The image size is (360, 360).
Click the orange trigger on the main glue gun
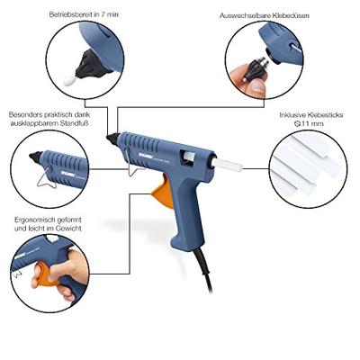tap(164, 192)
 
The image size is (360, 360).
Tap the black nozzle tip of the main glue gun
tap(112, 139)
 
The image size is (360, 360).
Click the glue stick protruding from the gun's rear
tap(228, 166)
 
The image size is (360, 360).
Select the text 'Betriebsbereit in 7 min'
tap(84, 14)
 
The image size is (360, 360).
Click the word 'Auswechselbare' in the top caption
tap(245, 15)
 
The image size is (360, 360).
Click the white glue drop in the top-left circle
tap(70, 80)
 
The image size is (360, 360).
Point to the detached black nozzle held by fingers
tap(255, 68)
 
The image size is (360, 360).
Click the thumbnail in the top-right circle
tap(256, 88)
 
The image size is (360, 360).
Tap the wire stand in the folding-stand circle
tap(47, 178)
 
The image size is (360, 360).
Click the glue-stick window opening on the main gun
tap(188, 157)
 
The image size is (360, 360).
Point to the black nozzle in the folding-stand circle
tap(35, 157)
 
